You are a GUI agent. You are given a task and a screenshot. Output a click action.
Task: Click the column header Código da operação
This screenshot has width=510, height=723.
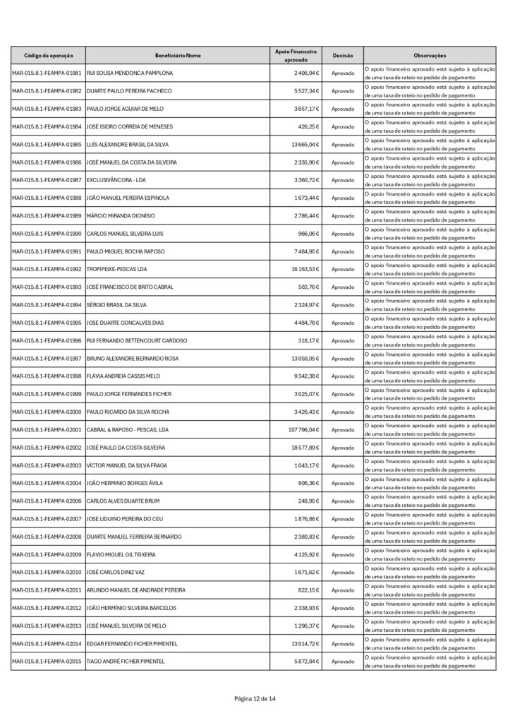click(x=48, y=55)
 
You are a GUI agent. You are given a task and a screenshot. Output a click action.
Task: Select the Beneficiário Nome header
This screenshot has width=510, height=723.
click(x=178, y=55)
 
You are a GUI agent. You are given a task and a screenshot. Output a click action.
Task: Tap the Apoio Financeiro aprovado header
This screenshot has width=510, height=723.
click(x=296, y=55)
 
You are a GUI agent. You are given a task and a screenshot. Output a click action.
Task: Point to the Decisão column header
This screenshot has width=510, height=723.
click(x=343, y=55)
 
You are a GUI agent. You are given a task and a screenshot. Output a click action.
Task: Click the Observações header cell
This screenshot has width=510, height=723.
click(x=430, y=55)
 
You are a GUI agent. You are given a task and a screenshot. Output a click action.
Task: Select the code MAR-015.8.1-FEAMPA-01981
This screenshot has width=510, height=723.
click(x=47, y=73)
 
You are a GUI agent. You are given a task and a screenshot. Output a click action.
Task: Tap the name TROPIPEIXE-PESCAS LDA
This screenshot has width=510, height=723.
click(x=121, y=269)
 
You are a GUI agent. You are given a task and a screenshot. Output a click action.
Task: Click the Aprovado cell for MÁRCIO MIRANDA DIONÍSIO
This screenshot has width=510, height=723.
click(x=343, y=216)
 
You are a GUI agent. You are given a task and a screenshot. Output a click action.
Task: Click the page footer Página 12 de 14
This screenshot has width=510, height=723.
click(x=255, y=698)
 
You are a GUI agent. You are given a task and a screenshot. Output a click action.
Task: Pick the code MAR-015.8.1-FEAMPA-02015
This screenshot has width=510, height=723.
click(x=47, y=662)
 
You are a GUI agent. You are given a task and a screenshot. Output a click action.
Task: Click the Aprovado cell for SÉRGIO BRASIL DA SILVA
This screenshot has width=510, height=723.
click(x=343, y=305)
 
